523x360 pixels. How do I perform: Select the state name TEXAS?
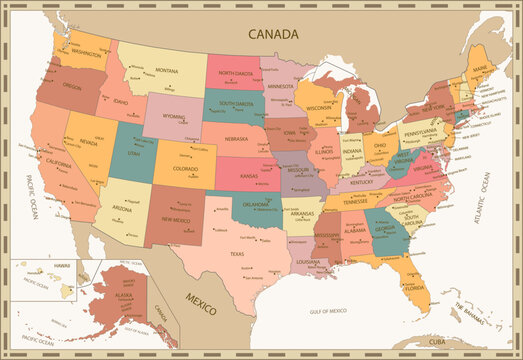point(237,253)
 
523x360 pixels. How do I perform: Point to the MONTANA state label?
point(167,71)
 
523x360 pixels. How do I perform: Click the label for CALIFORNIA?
point(58,163)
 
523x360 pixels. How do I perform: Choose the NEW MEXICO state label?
point(177,220)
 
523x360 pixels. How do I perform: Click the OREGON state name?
point(72,87)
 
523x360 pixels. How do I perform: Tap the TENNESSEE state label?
point(356,200)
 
